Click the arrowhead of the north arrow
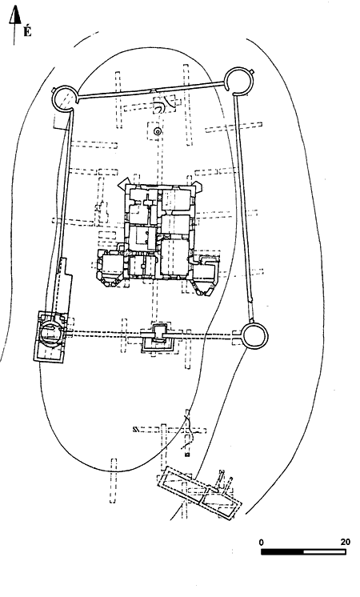[x=14, y=16]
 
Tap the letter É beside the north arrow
[x=27, y=30]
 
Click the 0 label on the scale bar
[x=261, y=542]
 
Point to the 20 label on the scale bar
[x=345, y=542]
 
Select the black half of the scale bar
[x=282, y=551]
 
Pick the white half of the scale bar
[x=325, y=551]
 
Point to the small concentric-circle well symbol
[x=157, y=132]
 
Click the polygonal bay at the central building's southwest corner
[x=108, y=281]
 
